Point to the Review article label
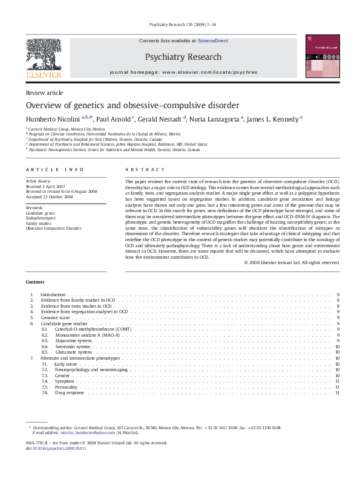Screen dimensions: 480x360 [44, 92]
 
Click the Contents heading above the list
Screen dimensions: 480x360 [35, 282]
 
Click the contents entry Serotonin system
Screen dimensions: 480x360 [73, 346]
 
